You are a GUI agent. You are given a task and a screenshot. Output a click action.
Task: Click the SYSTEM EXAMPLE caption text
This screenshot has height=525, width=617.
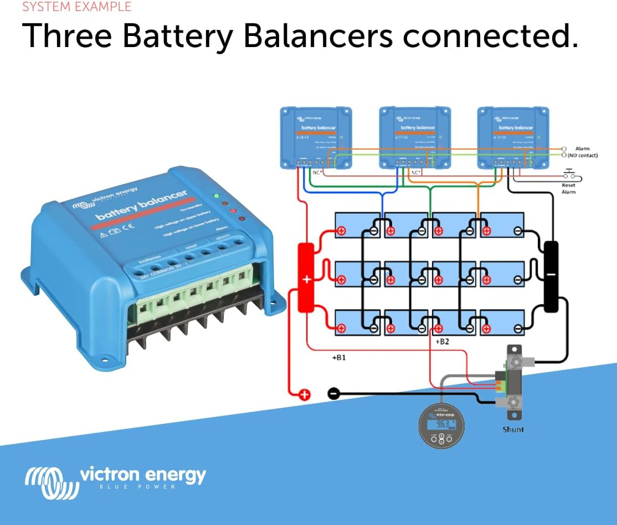[x=77, y=7]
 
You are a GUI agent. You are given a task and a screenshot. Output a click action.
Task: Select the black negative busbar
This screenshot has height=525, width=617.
[x=551, y=276]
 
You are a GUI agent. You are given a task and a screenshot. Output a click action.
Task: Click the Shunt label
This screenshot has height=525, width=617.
[x=512, y=429]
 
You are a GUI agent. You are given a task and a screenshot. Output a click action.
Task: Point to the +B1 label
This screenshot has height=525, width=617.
[x=338, y=358]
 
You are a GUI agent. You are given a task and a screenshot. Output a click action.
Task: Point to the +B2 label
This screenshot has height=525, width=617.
[x=442, y=342]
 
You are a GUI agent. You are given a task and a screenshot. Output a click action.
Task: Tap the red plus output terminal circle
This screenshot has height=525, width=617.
[x=304, y=394]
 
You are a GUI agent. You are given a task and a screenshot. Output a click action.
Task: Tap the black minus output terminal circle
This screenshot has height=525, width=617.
[x=333, y=393]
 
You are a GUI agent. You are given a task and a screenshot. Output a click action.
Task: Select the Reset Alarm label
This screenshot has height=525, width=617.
[x=569, y=188]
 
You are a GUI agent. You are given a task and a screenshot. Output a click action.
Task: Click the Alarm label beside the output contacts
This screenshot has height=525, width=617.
[x=582, y=148]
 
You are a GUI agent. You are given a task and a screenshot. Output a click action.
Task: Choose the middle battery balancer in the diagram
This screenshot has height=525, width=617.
[x=415, y=138]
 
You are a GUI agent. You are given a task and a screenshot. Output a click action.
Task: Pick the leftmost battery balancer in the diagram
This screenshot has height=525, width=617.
[x=316, y=138]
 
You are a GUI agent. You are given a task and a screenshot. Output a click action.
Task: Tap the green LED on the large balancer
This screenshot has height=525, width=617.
[x=217, y=195]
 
